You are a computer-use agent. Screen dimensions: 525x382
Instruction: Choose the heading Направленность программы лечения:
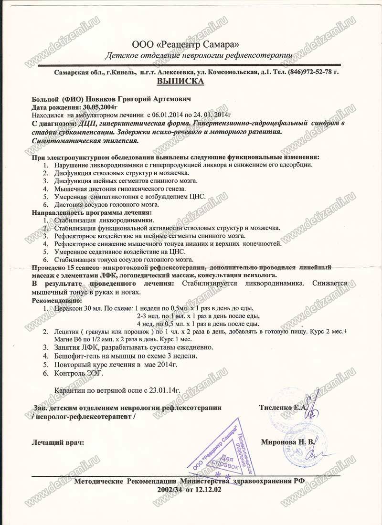pyautogui.click(x=92, y=212)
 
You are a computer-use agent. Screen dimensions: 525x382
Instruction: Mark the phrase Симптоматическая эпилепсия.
pyautogui.click(x=85, y=141)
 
